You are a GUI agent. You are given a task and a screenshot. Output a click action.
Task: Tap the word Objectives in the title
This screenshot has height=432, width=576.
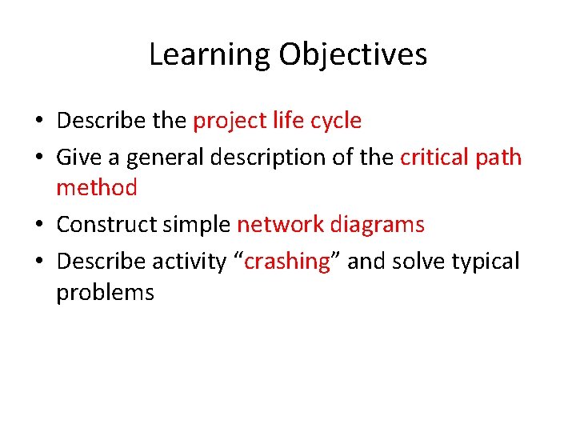[x=353, y=55]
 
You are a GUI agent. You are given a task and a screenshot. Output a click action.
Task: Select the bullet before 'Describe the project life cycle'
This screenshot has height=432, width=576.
[x=38, y=122]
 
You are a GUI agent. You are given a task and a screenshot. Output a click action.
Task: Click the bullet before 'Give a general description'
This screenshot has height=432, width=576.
[x=38, y=158]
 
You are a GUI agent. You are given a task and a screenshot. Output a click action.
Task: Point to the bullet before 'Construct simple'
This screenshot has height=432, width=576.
[x=38, y=226]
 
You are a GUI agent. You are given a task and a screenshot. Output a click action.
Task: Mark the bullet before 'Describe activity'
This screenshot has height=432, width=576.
[x=38, y=262]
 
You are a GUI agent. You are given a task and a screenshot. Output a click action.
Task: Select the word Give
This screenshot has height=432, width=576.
[x=78, y=157]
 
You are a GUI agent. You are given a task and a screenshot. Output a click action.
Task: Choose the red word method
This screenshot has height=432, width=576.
[x=96, y=188]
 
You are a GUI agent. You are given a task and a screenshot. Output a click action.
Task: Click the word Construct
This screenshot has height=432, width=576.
[x=106, y=225]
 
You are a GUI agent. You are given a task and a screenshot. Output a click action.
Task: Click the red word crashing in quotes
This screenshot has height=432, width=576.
[x=287, y=262]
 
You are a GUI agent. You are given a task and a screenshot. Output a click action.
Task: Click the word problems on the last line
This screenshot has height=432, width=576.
[x=105, y=293]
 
